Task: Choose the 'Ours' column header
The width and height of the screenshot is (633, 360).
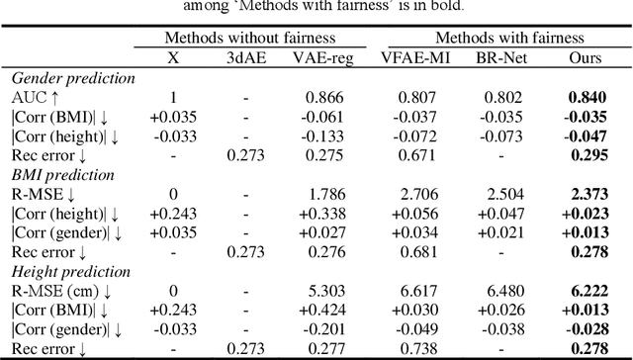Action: [x=586, y=58]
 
